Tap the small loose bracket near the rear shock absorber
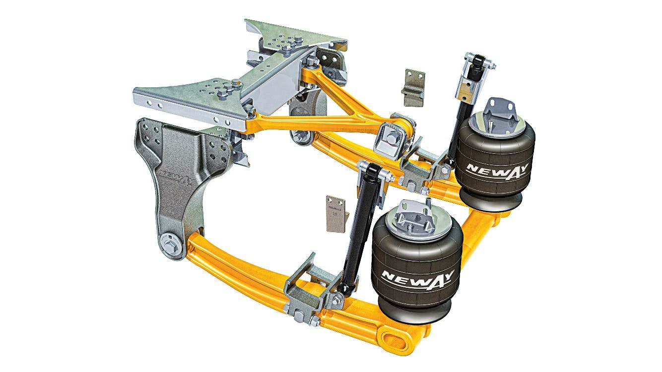(x=414, y=87)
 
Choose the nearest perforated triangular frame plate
(x=192, y=99)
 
